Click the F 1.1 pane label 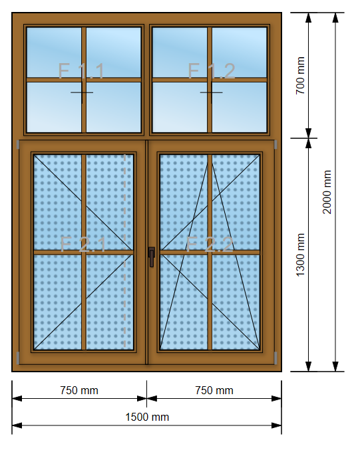pyautogui.click(x=81, y=70)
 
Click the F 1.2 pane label pyautogui.click(x=212, y=70)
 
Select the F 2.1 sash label pyautogui.click(x=83, y=244)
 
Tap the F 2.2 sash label pyautogui.click(x=210, y=244)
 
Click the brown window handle pyautogui.click(x=152, y=257)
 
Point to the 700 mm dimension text pyautogui.click(x=300, y=76)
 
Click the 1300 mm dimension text pyautogui.click(x=300, y=255)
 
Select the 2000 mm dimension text pyautogui.click(x=327, y=192)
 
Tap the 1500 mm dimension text pyautogui.click(x=147, y=417)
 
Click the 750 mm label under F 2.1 pyautogui.click(x=79, y=390)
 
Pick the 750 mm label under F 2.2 pyautogui.click(x=214, y=390)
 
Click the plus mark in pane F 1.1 pyautogui.click(x=82, y=92)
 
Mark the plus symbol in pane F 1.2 pyautogui.click(x=212, y=92)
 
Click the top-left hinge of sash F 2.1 pyautogui.click(x=18, y=144)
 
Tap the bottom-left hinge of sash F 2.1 pyautogui.click(x=18, y=358)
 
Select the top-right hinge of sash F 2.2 pyautogui.click(x=275, y=144)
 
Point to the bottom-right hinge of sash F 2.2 pyautogui.click(x=275, y=358)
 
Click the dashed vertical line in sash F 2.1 pyautogui.click(x=125, y=251)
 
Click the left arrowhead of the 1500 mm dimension pyautogui.click(x=17, y=425)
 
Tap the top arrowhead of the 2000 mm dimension pyautogui.click(x=335, y=18)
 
